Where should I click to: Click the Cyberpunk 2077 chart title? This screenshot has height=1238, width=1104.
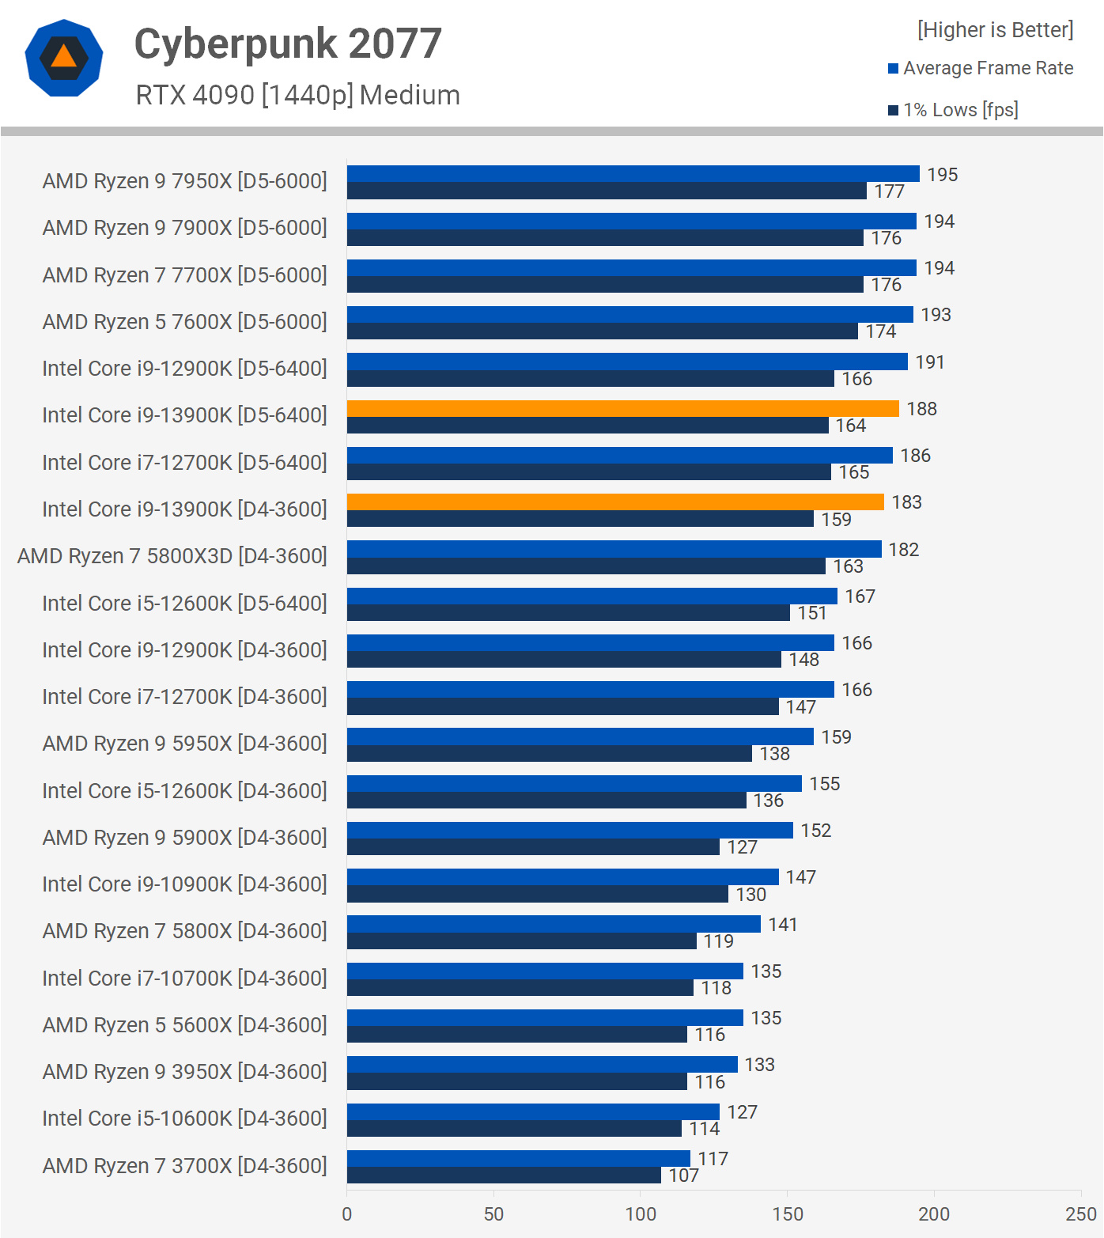[x=288, y=44]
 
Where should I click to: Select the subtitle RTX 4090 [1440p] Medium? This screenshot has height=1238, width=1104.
[x=297, y=95]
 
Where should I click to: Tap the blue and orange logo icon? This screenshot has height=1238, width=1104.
[x=64, y=58]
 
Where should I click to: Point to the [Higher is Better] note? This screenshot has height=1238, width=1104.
[x=995, y=30]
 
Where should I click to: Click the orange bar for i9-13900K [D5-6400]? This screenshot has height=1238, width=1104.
[x=622, y=408]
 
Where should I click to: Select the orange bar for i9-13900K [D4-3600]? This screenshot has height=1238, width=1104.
[x=615, y=502]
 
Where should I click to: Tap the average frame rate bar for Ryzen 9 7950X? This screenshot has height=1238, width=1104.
[x=633, y=173]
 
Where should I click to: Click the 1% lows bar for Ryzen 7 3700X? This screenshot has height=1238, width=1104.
[x=504, y=1176]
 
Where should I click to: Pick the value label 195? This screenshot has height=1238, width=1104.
[x=942, y=174]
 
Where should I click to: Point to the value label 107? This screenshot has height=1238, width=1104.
[x=683, y=1176]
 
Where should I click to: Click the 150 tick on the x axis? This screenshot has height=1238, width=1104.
[x=787, y=1213]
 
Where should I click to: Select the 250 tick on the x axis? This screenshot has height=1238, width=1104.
[x=1080, y=1213]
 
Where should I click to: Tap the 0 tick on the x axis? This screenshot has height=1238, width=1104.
[x=347, y=1213]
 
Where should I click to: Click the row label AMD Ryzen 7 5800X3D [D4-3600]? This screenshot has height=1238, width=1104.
[x=172, y=556]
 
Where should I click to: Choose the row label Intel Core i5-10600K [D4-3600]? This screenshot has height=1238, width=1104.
[x=184, y=1119]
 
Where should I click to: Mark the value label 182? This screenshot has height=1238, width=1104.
[x=903, y=550]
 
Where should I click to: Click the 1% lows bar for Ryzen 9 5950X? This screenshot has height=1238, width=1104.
[x=549, y=754]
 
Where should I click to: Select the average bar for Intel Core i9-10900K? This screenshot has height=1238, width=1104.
[x=562, y=876]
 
